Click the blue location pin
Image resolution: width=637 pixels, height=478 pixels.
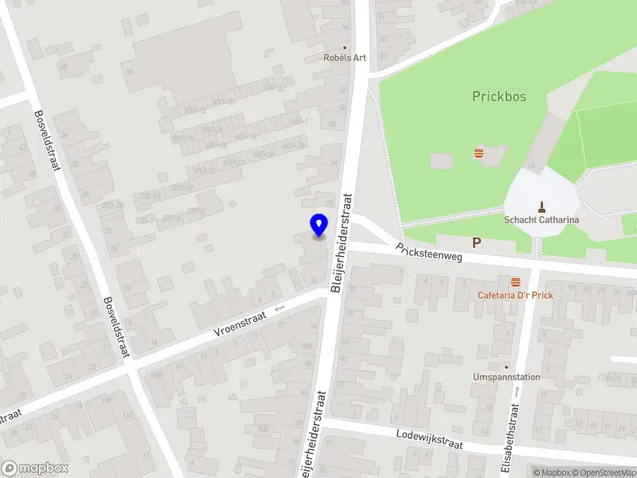coord(318,225)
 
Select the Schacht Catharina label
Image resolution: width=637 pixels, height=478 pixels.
coord(541,220)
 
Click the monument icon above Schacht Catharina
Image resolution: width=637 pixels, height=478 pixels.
coord(542,205)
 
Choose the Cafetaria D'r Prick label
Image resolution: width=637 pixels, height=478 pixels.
coord(515,295)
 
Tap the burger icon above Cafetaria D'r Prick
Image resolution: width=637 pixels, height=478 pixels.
coord(515,281)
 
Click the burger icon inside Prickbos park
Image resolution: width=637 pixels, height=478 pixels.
coord(479,152)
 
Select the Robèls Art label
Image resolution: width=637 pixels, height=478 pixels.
coord(345,58)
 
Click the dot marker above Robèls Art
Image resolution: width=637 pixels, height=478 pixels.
coord(345,47)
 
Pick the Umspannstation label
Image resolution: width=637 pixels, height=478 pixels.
coord(506,377)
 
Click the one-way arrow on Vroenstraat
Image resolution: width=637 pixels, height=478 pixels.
coord(279,309)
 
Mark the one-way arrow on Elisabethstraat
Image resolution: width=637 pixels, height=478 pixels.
coord(518,390)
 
